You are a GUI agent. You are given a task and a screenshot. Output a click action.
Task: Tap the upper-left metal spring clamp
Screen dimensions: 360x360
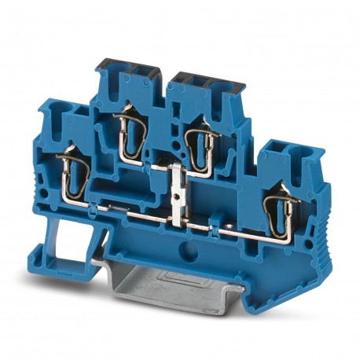[x=127, y=131]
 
